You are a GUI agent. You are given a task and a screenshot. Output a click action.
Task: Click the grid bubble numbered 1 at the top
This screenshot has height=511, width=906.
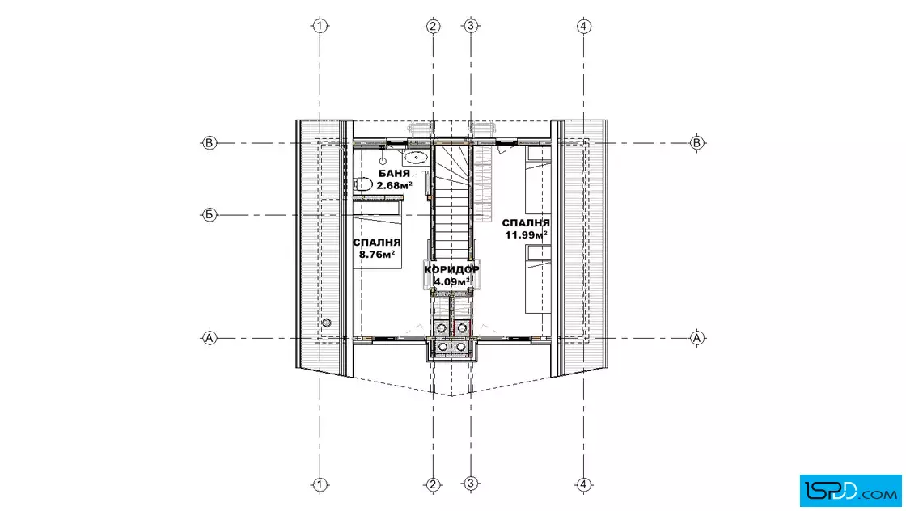[320, 25]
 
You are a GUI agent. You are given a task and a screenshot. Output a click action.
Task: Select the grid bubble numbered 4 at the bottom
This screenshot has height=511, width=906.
[583, 484]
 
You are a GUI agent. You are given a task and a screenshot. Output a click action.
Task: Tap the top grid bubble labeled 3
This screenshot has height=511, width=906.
[471, 25]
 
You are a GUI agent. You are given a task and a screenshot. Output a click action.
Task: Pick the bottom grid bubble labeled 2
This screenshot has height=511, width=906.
[433, 484]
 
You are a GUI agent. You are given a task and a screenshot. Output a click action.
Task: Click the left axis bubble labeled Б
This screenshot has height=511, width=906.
[210, 215]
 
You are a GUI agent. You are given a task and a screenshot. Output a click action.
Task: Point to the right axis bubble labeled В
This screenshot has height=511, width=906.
[696, 142]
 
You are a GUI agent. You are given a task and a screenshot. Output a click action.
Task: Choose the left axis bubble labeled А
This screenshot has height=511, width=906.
[210, 338]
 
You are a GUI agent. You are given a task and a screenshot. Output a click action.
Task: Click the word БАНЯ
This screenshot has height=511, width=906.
[394, 173]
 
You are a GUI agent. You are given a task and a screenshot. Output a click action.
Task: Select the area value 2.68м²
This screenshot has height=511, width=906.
[394, 185]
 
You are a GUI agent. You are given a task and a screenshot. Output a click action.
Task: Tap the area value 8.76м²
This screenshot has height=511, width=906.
[377, 254]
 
